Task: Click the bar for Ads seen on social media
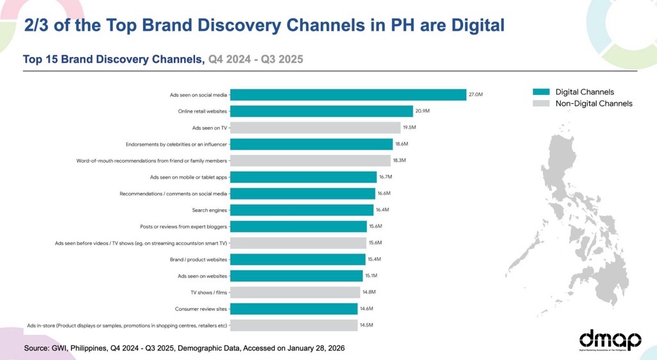pos(348,94)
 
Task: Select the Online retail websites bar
pos(321,111)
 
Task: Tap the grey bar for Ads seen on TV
pos(315,128)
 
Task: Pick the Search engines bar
pos(302,210)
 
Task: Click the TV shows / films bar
pos(294,292)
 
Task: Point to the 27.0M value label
pos(475,94)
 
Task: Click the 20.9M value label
pos(422,111)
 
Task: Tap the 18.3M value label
pos(400,160)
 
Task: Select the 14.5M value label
pos(367,325)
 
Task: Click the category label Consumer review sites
pos(201,309)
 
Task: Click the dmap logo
pos(610,341)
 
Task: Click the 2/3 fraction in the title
pos(36,26)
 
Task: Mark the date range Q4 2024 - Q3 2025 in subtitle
pos(255,60)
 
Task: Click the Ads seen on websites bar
pos(296,276)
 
